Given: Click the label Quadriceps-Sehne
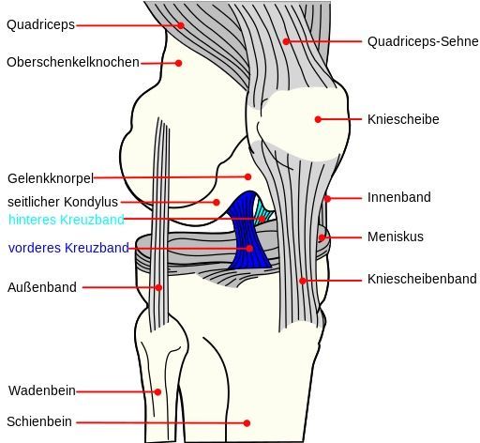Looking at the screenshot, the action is pos(423,41).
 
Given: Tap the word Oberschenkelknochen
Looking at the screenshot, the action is pos(73,62).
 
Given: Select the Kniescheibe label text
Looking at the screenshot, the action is pos(403,119).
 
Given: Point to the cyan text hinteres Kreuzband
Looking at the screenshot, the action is pos(67,220).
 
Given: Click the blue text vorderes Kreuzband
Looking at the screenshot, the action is pos(68,248).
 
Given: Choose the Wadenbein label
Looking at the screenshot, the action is pos(42,390).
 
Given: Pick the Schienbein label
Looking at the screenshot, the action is pos(39,421).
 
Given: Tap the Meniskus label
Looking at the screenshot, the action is pos(396,237).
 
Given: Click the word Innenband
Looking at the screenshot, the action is pos(399,197).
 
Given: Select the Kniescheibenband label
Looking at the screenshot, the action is pos(422,279).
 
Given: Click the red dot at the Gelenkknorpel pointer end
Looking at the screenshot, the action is pos(247,177).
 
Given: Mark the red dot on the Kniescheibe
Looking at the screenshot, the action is pos(318,119).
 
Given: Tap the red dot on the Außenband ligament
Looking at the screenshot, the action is pos(158,287).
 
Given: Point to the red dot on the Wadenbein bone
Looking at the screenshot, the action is pos(157,391).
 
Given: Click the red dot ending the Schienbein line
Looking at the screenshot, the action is pos(247,423).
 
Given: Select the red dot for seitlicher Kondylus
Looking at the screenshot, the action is pos(217,202).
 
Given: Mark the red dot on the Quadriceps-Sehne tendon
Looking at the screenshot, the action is pos(286,41).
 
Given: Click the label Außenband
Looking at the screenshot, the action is pos(42,287).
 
